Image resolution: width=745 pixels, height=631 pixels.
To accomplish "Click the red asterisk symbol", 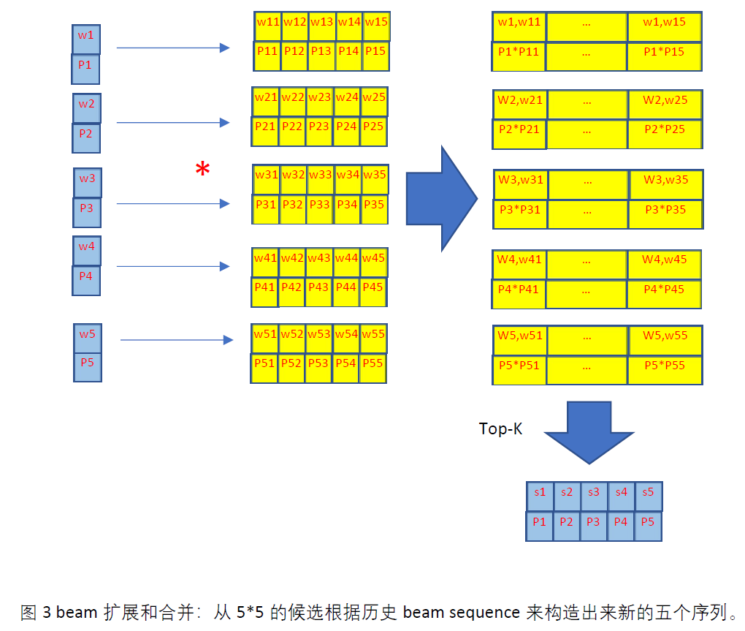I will click(202, 170).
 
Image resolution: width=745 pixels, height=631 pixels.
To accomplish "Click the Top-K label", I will click(500, 429).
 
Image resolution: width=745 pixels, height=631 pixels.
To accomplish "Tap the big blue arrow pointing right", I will click(440, 197).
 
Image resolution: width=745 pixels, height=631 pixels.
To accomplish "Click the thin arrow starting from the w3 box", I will click(172, 204).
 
